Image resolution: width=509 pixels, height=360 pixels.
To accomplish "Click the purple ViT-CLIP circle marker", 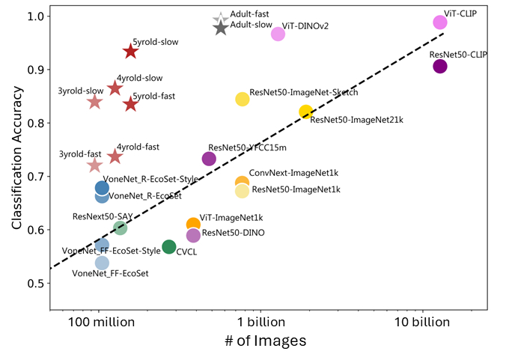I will [440, 22].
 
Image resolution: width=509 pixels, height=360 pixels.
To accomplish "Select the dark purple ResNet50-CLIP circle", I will [440, 67].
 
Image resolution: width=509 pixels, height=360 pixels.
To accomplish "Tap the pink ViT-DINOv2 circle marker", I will [278, 34].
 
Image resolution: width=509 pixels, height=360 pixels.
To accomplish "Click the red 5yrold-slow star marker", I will [130, 52].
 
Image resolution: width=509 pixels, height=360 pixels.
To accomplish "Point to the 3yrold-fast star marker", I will [95, 165].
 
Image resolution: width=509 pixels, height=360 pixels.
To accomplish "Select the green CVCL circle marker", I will [169, 247].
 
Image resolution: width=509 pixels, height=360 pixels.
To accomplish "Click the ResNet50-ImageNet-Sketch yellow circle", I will [243, 100].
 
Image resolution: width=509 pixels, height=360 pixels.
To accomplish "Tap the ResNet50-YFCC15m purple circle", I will [209, 159].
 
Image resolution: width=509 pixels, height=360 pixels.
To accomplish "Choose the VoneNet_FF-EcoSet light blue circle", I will [103, 263].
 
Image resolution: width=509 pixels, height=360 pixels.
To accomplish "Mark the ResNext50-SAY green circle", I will [121, 228].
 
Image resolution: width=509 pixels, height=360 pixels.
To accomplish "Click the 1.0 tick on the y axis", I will [35, 16].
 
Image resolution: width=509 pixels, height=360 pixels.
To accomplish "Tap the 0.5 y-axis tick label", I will [35, 284].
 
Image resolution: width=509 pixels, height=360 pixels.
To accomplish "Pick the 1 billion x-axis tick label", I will [260, 323].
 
